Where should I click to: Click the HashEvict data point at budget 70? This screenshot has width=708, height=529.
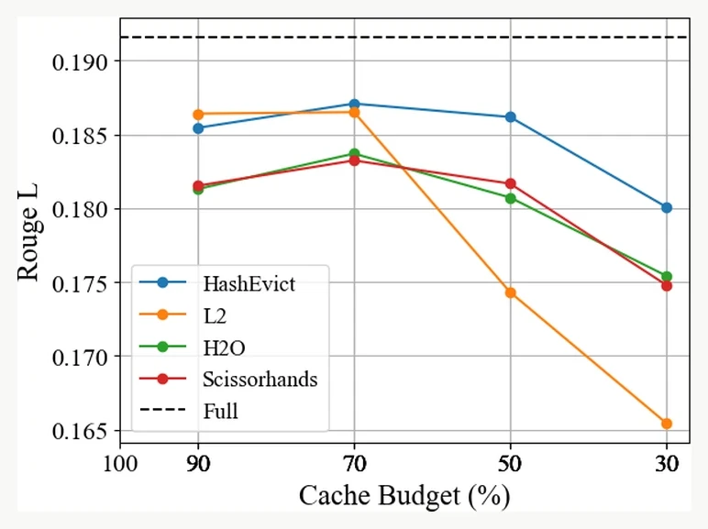point(354,105)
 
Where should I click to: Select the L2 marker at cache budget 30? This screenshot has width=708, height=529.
point(667,424)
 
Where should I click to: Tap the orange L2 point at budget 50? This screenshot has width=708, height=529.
point(510,293)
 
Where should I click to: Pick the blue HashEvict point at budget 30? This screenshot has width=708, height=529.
point(667,207)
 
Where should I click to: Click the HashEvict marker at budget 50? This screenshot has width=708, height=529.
point(510,117)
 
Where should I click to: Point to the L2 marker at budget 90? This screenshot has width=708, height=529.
point(198,115)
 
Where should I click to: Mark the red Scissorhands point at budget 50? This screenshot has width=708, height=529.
point(510,183)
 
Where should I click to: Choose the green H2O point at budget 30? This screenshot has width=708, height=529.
point(667,277)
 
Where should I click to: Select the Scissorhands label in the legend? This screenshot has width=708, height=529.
point(260,380)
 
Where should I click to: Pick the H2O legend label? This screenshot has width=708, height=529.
point(224,347)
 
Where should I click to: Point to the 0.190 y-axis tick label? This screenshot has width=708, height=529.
point(80,61)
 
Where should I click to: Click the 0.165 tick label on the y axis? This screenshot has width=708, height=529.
point(80,432)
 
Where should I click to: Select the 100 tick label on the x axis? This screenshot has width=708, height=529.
point(120,464)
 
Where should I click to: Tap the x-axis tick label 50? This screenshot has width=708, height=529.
point(510,464)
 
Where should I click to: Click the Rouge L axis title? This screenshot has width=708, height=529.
point(28,232)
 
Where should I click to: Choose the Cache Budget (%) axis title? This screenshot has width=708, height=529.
point(404,496)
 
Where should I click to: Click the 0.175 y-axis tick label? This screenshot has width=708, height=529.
point(80,284)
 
